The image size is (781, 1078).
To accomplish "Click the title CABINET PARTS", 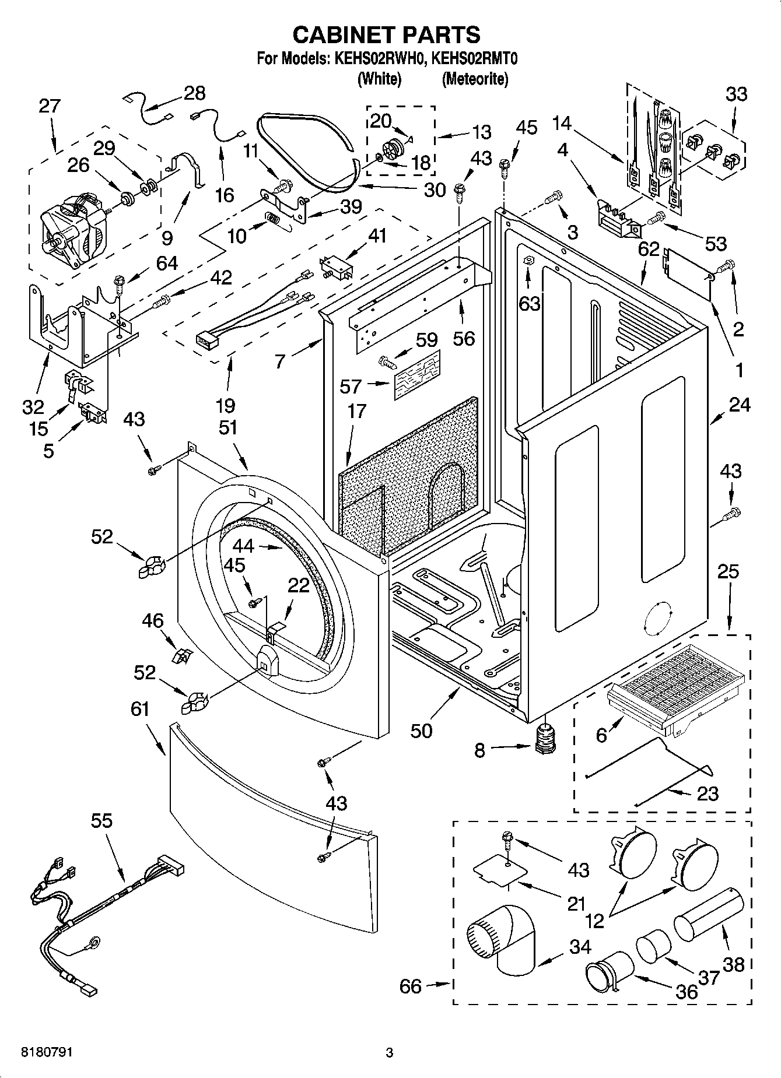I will coord(386,35).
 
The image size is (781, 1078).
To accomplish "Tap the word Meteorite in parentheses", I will coord(475,79).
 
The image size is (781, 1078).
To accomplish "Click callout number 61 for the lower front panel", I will coord(139,710).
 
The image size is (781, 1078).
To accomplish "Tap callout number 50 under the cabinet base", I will coord(421,731).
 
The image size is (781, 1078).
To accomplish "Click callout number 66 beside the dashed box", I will coord(411,986).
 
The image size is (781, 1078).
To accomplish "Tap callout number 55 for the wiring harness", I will coord(101,821).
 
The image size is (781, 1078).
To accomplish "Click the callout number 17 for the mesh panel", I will coord(357,410).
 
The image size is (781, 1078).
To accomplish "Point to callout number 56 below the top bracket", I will coord(464,338).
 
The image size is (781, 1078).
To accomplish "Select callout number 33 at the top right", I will coord(736,94).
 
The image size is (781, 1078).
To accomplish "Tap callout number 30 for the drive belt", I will coord(435,190).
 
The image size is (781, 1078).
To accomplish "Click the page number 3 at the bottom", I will coord(389,1053).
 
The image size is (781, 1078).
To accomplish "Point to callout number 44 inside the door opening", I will coord(243,546).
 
